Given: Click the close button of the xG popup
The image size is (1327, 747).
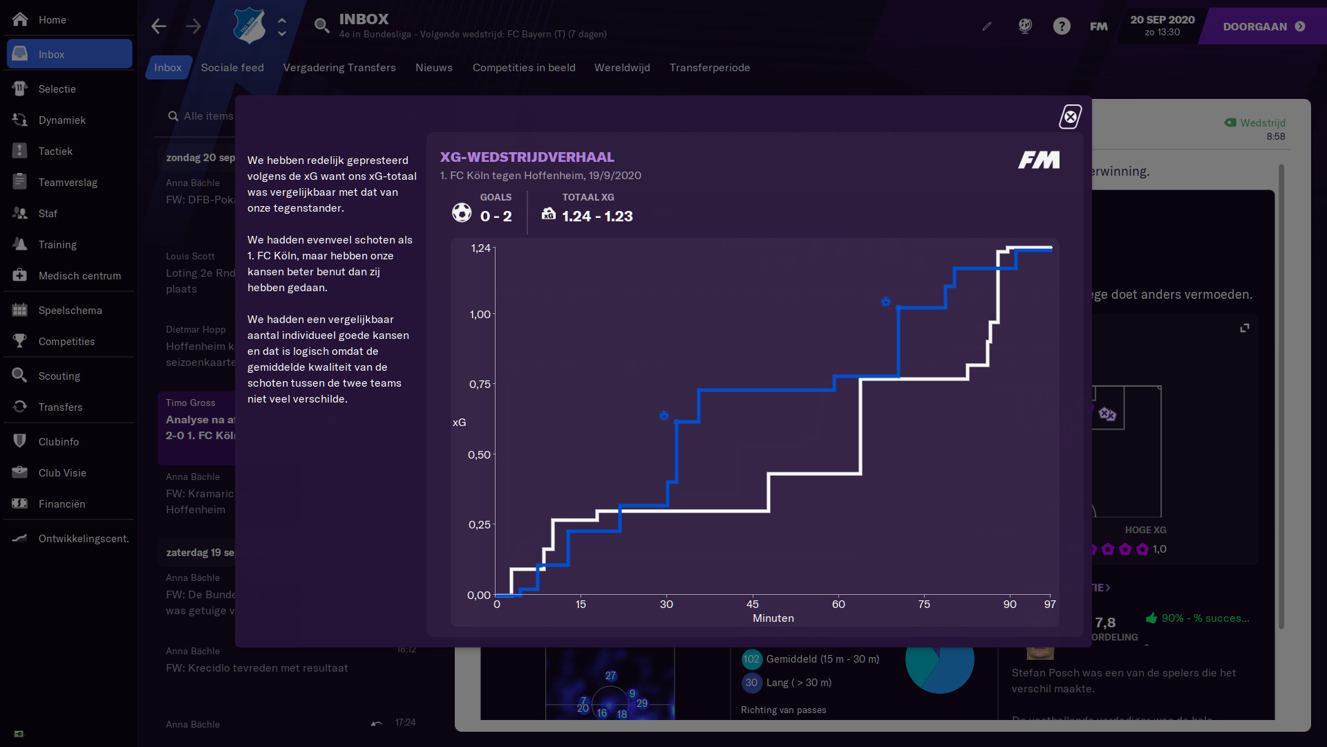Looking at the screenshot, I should (1071, 117).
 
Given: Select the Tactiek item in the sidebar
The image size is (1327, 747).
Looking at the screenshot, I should (55, 151).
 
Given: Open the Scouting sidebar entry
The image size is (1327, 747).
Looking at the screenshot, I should (59, 376).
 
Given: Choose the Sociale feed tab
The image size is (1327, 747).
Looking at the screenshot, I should (232, 68).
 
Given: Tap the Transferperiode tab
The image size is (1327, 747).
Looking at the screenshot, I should (709, 68).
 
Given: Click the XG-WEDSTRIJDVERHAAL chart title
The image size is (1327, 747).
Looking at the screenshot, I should (527, 157).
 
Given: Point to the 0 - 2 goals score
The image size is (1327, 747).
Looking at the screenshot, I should (496, 216).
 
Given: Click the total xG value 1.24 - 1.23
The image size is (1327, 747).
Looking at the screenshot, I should (597, 216).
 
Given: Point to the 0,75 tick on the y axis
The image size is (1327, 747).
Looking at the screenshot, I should (480, 385).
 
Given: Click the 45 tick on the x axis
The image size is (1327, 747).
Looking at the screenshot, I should (753, 605).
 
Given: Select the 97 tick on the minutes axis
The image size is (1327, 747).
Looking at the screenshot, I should (1050, 605).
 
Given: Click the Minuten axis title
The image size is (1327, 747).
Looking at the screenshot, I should (773, 618).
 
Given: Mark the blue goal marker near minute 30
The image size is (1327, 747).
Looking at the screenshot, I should (663, 416).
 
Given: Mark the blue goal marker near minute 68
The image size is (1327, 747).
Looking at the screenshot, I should (885, 302).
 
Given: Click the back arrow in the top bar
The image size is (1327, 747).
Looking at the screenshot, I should (159, 26).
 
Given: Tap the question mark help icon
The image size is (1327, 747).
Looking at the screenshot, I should (1062, 26).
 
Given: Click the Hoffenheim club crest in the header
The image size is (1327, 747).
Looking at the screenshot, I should (249, 26).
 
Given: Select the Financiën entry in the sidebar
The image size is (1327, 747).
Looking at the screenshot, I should (62, 504).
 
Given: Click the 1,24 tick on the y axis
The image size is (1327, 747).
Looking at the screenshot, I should (480, 248).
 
